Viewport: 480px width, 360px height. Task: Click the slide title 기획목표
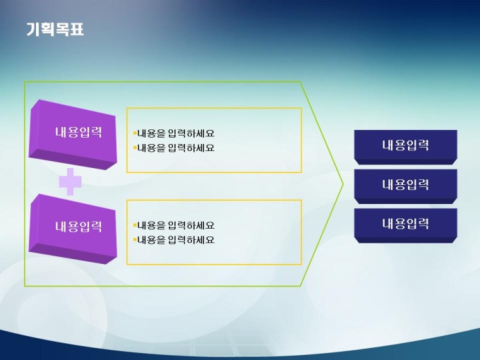click(55, 30)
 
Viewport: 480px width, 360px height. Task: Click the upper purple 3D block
click(73, 134)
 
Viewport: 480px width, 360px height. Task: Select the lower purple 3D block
click(73, 229)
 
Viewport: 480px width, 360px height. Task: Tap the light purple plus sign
click(71, 181)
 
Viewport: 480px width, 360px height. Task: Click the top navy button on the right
click(406, 147)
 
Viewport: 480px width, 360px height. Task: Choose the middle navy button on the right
click(406, 186)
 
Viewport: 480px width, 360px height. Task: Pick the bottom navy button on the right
click(406, 225)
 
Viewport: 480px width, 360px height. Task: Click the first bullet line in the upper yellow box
click(174, 133)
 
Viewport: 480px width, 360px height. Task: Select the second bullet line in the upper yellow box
click(174, 148)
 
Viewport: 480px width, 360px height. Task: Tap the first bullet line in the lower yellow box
click(174, 226)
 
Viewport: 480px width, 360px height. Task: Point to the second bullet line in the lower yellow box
click(174, 240)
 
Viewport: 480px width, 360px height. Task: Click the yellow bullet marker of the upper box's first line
click(135, 133)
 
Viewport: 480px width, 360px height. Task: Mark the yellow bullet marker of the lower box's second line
click(135, 240)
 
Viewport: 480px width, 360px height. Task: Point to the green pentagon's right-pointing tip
click(344, 184)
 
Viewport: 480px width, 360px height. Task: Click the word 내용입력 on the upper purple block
click(78, 132)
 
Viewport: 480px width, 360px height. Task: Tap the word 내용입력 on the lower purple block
click(78, 227)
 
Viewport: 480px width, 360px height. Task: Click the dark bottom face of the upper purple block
click(73, 160)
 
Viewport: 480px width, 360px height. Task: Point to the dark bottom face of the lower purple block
click(73, 253)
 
